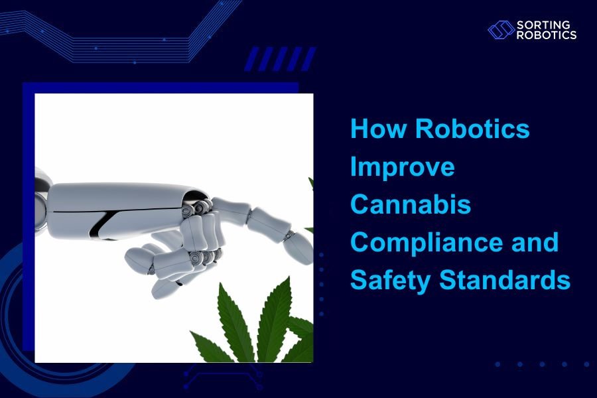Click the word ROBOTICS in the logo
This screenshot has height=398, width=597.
[x=547, y=34]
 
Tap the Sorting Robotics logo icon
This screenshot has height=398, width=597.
[x=501, y=29]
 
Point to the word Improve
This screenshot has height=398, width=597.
[x=402, y=166]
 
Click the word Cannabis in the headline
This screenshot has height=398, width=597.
[x=411, y=204]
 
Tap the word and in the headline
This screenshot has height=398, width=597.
[x=537, y=243]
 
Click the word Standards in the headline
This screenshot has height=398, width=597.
[x=505, y=281]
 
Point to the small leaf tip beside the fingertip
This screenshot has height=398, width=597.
[x=310, y=182]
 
